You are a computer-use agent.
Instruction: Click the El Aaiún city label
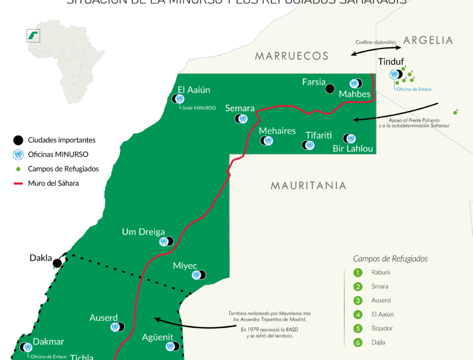tap(194, 90)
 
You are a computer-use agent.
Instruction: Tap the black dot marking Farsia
tap(329, 88)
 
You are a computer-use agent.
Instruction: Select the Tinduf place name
tap(391, 62)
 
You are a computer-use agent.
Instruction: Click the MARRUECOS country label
tap(291, 56)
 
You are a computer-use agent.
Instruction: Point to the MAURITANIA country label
tap(309, 186)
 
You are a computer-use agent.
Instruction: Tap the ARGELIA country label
tap(428, 40)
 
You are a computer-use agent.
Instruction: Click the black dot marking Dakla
tap(57, 263)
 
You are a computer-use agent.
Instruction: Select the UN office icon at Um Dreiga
tap(164, 241)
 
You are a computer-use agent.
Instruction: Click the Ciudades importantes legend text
tap(62, 140)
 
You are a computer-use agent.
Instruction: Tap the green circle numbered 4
tap(358, 314)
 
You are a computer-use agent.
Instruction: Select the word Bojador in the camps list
tap(382, 328)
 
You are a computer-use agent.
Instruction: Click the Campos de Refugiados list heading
tap(390, 258)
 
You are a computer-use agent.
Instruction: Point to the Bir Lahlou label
tap(353, 149)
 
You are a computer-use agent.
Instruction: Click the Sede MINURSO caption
tap(199, 108)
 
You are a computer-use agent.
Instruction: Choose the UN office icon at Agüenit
tap(170, 346)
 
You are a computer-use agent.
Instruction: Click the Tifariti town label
tap(318, 135)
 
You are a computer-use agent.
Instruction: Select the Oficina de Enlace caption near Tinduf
tap(414, 89)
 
